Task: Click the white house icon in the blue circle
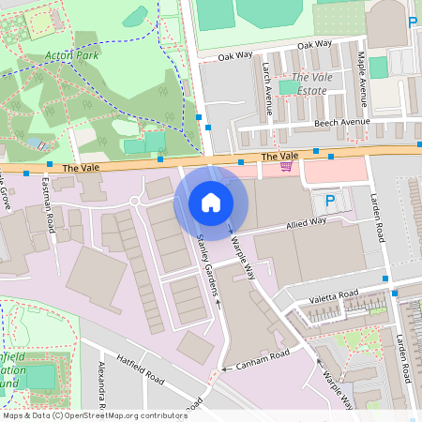click(x=211, y=202)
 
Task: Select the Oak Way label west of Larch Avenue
click(x=234, y=55)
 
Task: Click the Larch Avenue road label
click(x=268, y=89)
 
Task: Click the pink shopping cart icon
click(x=286, y=166)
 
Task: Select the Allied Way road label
click(x=306, y=222)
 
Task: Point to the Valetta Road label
click(x=334, y=296)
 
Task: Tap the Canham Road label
click(x=268, y=355)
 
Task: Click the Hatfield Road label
click(x=141, y=369)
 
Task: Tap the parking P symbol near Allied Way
click(x=329, y=201)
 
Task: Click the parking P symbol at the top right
click(x=412, y=22)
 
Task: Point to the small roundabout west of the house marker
click(x=135, y=201)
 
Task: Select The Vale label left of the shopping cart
click(x=279, y=156)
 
